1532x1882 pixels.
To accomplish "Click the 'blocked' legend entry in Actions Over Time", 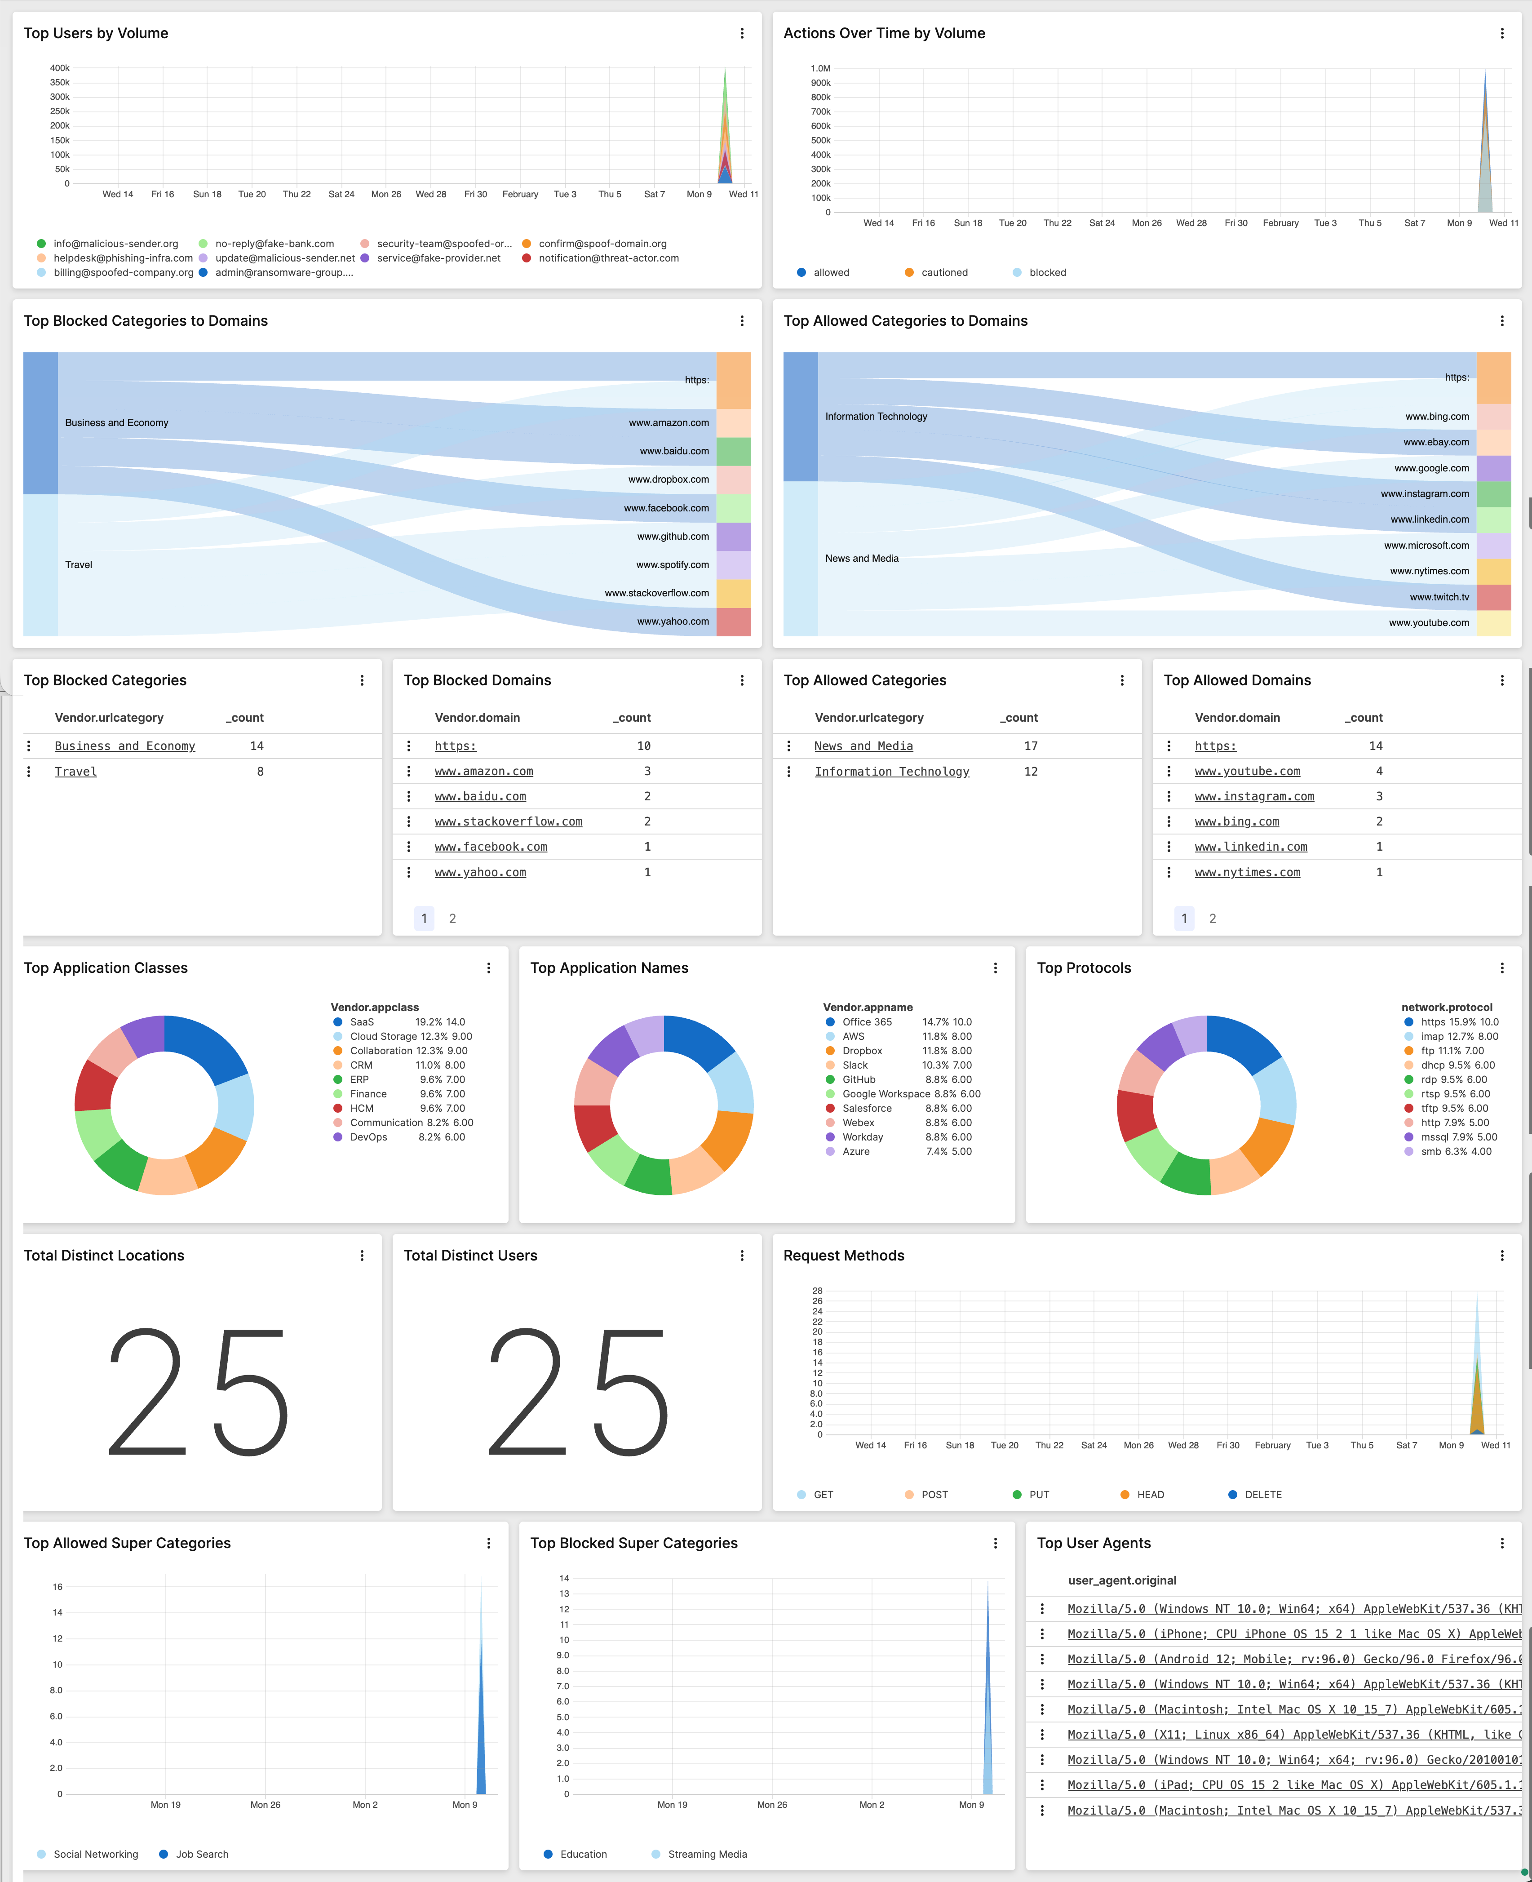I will (1047, 273).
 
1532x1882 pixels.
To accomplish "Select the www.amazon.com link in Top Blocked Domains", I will (483, 772).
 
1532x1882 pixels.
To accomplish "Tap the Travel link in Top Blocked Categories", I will (76, 772).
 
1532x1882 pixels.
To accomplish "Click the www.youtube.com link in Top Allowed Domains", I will (1247, 772).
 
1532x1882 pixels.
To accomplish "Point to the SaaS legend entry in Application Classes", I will (362, 1022).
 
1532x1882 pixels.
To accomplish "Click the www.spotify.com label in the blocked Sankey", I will (673, 565).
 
